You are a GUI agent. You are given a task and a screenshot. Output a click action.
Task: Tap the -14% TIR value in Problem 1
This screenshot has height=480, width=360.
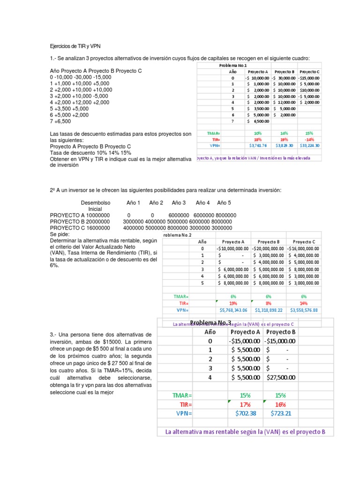(308, 139)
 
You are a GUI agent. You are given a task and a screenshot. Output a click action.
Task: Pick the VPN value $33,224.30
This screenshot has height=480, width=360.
(308, 145)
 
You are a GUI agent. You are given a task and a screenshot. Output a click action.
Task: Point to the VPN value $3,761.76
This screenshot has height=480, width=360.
(257, 145)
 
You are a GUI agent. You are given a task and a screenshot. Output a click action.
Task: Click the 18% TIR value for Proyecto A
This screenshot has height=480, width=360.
(257, 139)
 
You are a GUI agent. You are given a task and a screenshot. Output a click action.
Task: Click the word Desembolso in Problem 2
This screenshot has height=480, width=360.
(96, 202)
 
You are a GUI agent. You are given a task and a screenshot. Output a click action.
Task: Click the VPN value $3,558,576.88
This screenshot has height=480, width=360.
(304, 310)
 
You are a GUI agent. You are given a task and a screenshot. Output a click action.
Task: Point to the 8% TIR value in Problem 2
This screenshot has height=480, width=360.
(269, 303)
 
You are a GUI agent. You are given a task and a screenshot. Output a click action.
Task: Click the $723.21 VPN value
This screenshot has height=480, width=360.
(280, 413)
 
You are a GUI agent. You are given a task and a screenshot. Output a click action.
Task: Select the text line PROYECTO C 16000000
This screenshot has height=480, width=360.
(80, 228)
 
